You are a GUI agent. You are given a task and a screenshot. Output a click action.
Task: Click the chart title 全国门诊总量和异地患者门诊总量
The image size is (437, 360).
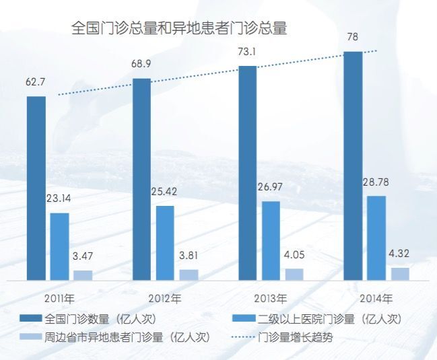click(179, 28)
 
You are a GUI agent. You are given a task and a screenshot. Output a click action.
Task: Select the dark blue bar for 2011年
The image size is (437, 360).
click(36, 188)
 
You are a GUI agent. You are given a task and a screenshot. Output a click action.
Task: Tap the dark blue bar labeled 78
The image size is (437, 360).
click(353, 166)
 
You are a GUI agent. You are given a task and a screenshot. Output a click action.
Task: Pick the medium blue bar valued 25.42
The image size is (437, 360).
click(165, 242)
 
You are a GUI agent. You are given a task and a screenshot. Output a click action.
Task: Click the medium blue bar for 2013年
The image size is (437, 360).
click(271, 240)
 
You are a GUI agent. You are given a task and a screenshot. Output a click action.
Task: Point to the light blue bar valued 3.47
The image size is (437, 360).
click(83, 275)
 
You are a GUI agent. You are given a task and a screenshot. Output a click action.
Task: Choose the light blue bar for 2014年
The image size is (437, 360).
click(400, 273)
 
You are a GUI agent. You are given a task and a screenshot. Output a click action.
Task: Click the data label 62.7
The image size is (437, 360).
click(36, 83)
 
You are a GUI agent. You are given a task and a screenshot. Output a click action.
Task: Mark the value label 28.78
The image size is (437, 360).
click(376, 183)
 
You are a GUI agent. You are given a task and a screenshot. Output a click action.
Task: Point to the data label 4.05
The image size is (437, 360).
click(294, 256)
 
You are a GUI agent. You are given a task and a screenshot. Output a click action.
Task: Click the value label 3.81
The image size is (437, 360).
click(189, 257)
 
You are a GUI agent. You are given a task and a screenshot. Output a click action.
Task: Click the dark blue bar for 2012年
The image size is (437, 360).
click(141, 178)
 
